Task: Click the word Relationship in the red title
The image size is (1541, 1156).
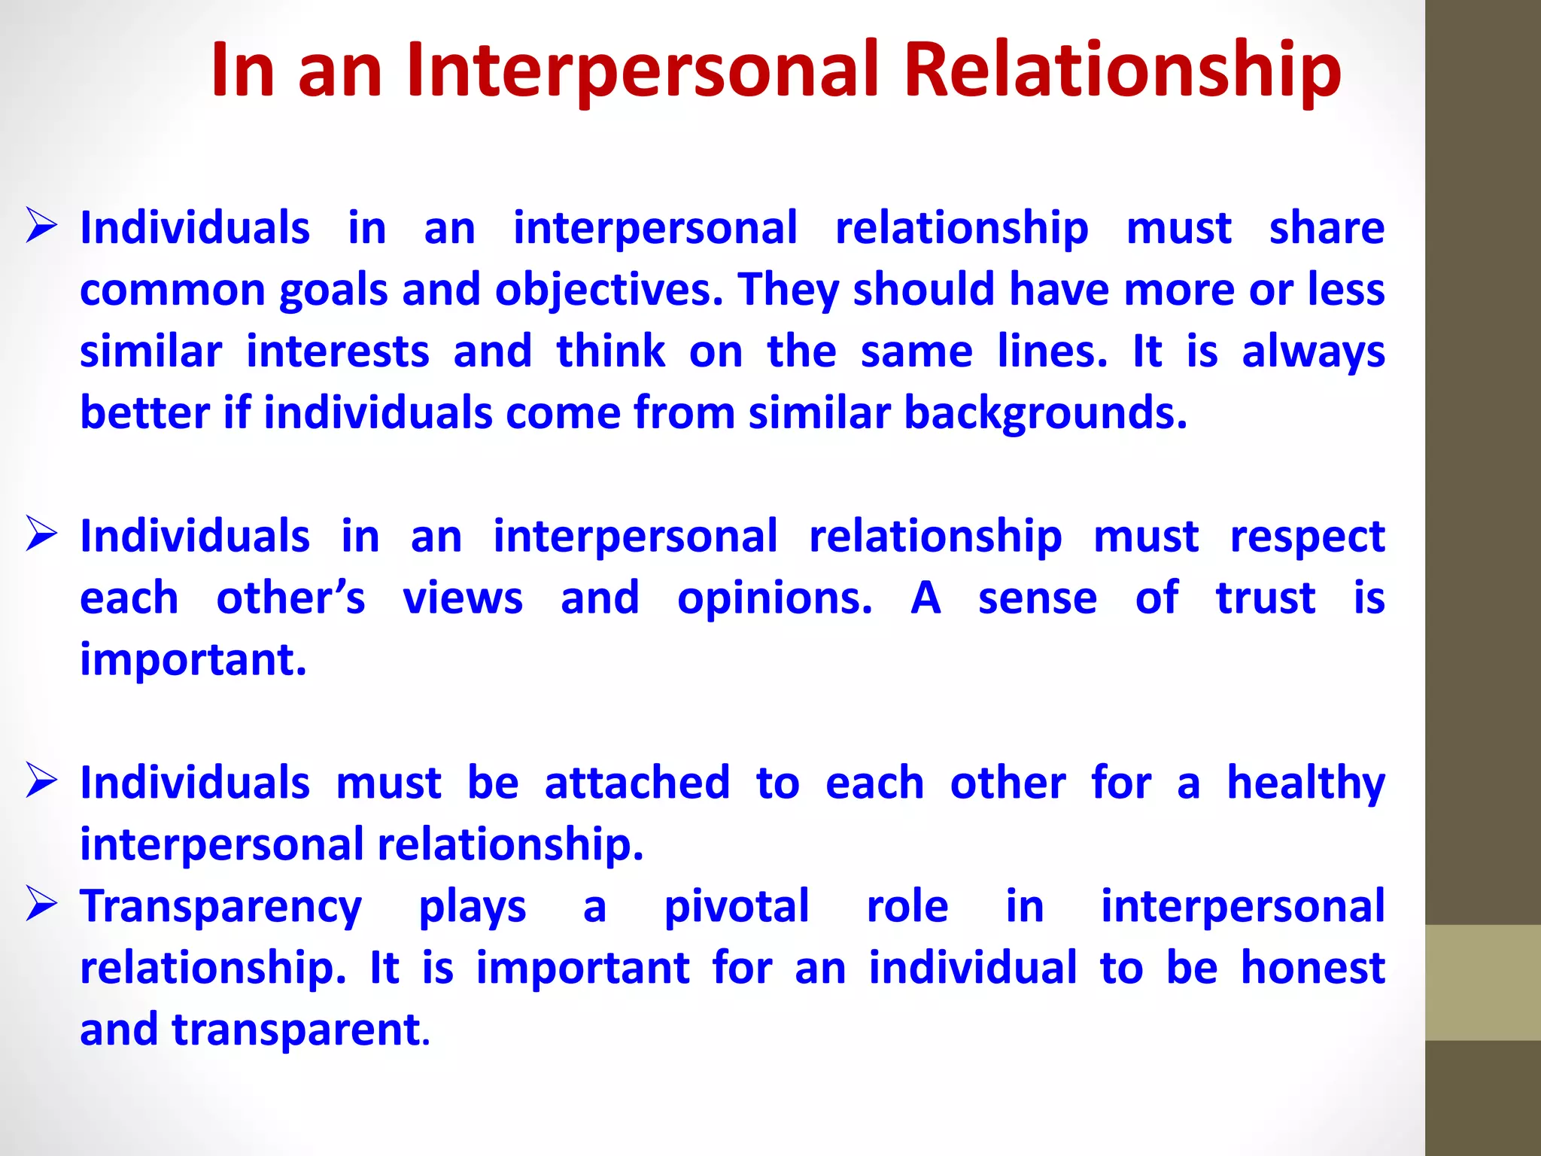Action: [1122, 69]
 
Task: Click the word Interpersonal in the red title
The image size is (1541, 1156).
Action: [643, 69]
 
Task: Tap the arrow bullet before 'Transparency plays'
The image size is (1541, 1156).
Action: [41, 904]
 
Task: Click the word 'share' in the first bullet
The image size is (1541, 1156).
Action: [1327, 228]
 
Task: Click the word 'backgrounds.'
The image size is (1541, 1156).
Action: [1045, 413]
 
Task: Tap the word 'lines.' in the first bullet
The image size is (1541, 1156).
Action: [1052, 351]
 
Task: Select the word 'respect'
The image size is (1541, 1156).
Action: [1307, 537]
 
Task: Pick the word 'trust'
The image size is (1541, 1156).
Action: [1266, 598]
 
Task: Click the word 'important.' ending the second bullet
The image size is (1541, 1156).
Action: [193, 660]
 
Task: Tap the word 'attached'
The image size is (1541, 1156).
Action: [637, 783]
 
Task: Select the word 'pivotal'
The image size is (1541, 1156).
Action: [737, 906]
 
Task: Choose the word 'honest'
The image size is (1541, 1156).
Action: [1312, 968]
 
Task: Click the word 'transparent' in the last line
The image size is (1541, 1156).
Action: [296, 1030]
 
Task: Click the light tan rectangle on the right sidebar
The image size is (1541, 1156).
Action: [1482, 982]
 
